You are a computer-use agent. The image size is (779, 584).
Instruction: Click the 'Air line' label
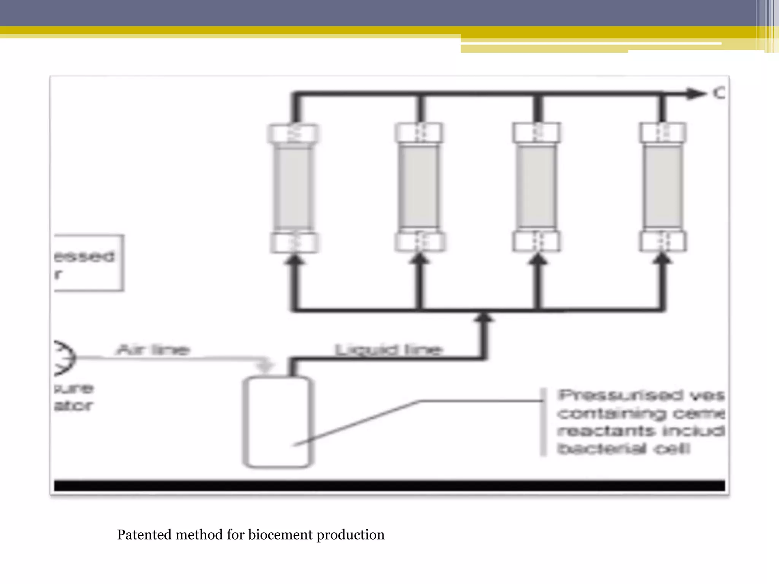tap(153, 349)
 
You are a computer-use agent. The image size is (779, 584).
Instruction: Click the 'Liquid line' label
tap(388, 349)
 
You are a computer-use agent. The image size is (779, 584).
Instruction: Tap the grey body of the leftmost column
tap(294, 188)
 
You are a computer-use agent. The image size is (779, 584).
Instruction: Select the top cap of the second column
tap(419, 133)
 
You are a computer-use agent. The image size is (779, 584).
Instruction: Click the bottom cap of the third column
tap(536, 241)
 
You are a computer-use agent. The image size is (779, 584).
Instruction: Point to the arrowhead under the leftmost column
tap(294, 260)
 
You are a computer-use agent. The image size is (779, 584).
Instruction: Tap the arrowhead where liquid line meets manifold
tap(483, 317)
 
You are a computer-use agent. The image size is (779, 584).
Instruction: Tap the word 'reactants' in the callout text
tap(606, 431)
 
